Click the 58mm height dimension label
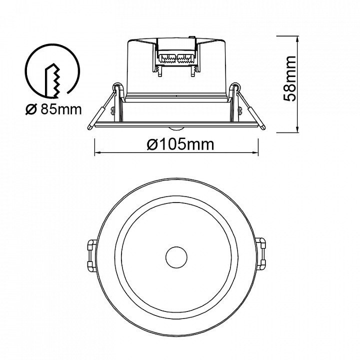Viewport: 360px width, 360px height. click(289, 78)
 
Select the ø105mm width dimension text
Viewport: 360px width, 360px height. click(180, 144)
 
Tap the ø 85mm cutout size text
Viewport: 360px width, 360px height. click(53, 109)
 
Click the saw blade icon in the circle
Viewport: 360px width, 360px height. click(53, 80)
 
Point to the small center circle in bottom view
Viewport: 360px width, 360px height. click(176, 257)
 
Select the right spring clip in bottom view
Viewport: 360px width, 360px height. click(261, 255)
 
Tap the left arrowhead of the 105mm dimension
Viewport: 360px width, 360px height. click(97, 152)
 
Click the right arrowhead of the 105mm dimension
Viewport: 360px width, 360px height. click(255, 152)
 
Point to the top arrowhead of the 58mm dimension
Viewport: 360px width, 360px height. click(297, 39)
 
